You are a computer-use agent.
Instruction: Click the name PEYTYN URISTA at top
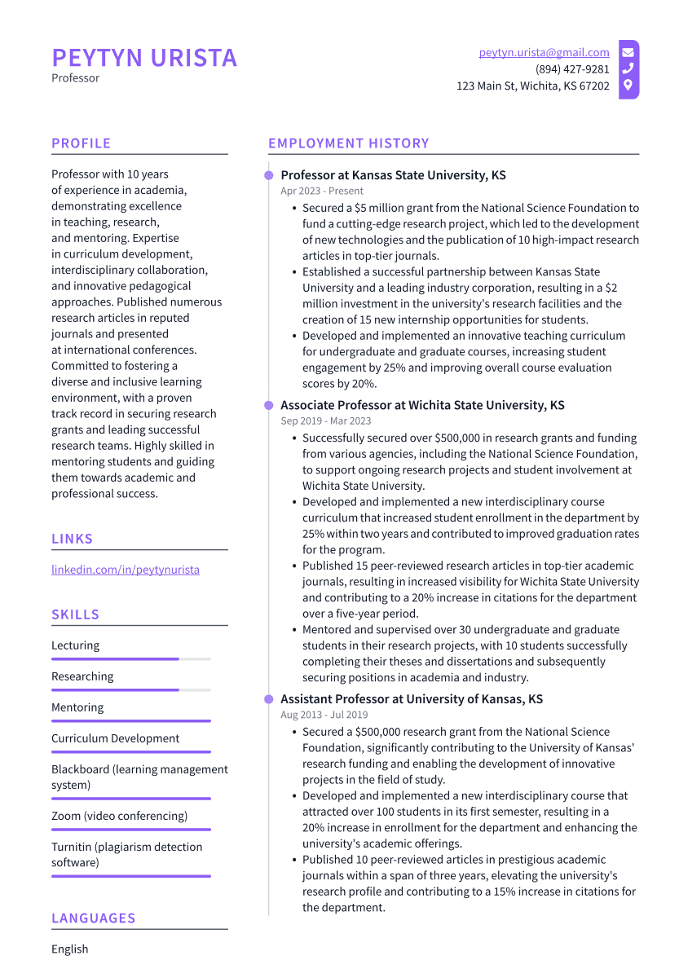pos(144,58)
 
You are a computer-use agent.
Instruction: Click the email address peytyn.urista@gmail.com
pos(544,52)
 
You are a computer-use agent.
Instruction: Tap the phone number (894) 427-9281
pos(571,69)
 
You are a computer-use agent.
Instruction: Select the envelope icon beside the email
pos(628,52)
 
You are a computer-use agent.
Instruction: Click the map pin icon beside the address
pos(628,85)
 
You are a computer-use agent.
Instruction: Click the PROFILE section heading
pos(81,143)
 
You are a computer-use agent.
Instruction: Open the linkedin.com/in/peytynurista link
pos(125,570)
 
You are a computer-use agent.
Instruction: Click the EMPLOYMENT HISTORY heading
pos(348,143)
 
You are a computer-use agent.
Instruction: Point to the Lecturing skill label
pos(75,645)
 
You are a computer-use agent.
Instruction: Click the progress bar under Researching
pos(130,689)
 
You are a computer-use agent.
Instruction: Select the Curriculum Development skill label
pos(115,738)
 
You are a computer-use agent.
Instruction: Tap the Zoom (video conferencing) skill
pos(119,816)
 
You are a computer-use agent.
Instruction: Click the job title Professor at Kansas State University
pos(393,175)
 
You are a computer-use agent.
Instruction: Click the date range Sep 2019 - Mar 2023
pos(325,421)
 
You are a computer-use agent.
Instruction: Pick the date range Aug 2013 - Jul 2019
pos(324,715)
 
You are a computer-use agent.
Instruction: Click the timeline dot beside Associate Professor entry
pos(268,405)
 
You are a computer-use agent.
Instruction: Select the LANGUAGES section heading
pos(93,918)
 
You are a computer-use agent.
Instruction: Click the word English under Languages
pos(69,949)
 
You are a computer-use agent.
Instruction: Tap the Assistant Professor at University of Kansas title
pos(412,699)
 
